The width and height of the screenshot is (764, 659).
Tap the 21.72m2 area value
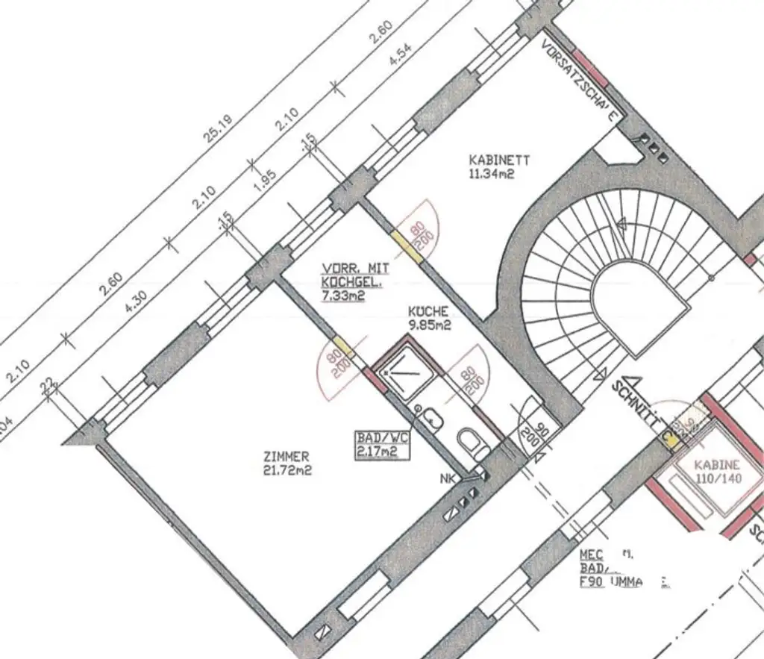[288, 470]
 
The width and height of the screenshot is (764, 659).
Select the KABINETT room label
[499, 160]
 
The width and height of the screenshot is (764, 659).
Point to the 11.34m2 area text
[492, 174]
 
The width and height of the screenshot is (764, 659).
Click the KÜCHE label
[428, 311]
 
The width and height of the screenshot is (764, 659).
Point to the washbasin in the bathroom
[430, 420]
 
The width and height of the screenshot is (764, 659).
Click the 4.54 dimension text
[401, 56]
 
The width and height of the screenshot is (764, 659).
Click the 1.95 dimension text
[266, 179]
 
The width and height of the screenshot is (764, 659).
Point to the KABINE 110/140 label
[718, 471]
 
